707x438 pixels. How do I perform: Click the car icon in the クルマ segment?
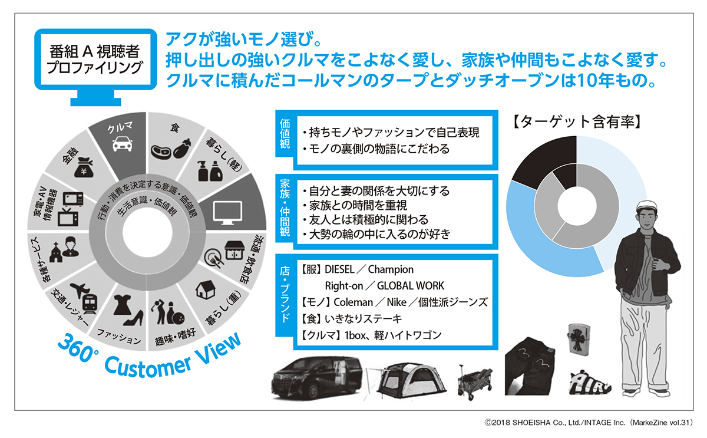click(x=121, y=143)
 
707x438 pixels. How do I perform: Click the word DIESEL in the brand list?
click(x=339, y=269)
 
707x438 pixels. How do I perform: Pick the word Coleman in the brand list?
click(x=353, y=302)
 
